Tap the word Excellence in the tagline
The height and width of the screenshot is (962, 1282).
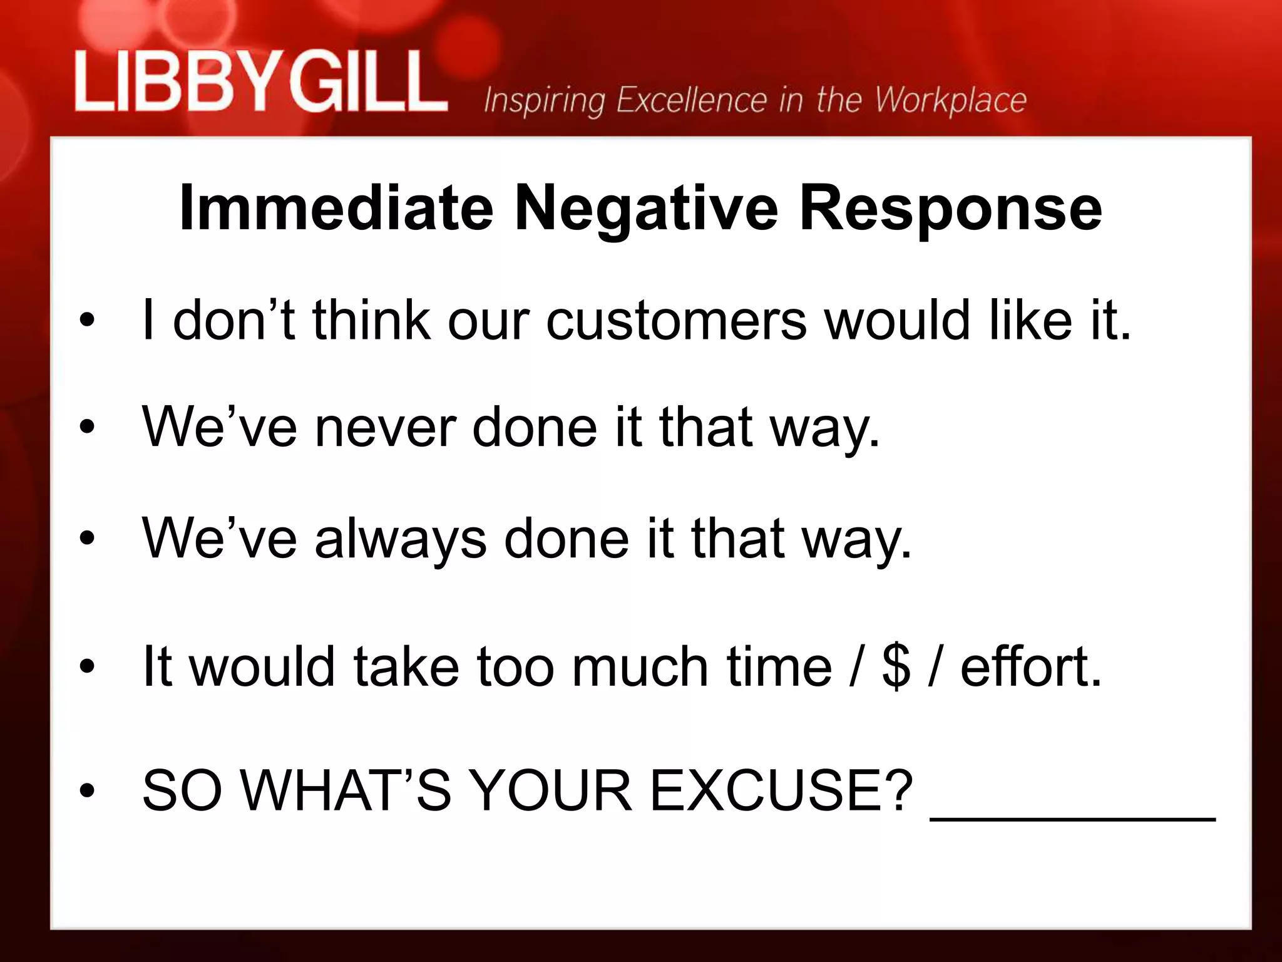[x=692, y=100]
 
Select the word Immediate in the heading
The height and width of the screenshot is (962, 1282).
[x=336, y=208]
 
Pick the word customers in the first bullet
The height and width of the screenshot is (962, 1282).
[x=676, y=321]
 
